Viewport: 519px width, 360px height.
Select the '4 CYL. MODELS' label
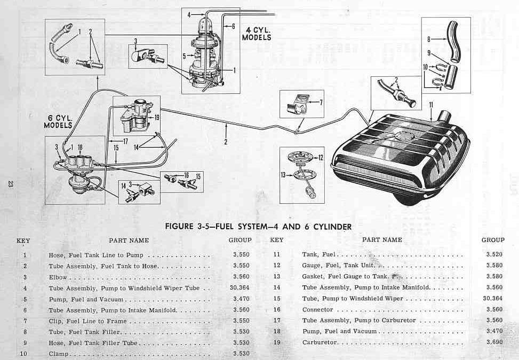[256, 33]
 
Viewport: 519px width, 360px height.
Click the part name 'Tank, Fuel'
[320, 254]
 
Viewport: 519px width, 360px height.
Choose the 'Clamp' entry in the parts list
[58, 353]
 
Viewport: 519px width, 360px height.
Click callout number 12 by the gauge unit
[321, 157]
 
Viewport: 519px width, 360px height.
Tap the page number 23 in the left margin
[10, 184]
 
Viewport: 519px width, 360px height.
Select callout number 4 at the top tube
[189, 15]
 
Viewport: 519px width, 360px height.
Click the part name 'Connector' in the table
[317, 309]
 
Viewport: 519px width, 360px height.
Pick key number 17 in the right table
[276, 320]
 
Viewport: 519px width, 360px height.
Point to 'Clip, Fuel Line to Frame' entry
[87, 321]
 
